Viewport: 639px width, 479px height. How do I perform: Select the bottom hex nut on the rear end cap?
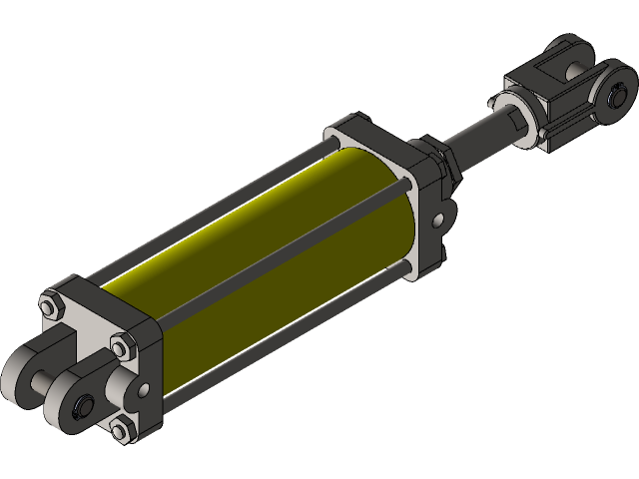click(x=122, y=429)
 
